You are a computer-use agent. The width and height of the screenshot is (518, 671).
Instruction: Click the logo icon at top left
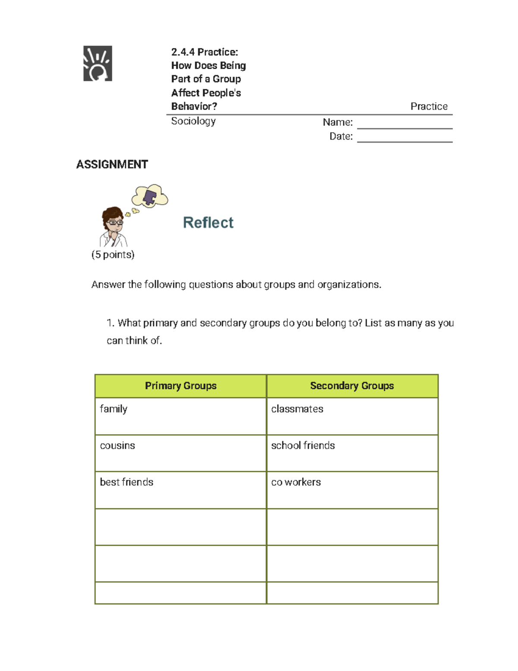point(98,64)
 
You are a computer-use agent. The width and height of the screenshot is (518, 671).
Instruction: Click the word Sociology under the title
point(193,121)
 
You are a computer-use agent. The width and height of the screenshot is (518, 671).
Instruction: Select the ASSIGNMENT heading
point(112,165)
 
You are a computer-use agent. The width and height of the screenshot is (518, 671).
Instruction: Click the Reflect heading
point(208,223)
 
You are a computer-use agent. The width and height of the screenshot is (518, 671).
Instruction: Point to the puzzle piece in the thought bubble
point(150,197)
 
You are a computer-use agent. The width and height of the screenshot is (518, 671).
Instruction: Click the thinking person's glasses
point(115,223)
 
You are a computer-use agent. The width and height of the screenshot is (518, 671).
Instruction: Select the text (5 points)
point(113,254)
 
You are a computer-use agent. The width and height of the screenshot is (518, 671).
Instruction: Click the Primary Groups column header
point(180,386)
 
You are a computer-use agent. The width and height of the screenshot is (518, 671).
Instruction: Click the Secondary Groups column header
point(352,386)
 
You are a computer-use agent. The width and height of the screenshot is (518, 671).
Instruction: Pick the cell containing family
point(180,416)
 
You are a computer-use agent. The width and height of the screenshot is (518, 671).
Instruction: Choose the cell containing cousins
point(180,453)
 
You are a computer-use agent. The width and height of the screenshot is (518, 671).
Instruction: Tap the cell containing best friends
point(180,490)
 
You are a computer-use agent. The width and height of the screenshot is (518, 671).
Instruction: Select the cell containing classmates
point(352,416)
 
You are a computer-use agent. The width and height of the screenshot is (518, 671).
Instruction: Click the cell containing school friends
point(352,453)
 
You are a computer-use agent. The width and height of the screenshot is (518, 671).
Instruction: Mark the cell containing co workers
point(352,490)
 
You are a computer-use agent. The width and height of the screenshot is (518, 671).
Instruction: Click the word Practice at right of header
point(429,106)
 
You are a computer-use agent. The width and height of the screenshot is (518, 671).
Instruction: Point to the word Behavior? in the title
point(194,106)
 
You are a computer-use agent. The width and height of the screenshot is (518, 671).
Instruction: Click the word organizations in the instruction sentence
point(349,285)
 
